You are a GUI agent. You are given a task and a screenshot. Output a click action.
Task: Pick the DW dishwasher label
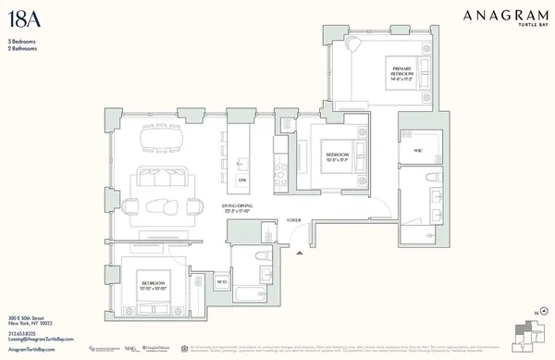click(242, 179)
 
